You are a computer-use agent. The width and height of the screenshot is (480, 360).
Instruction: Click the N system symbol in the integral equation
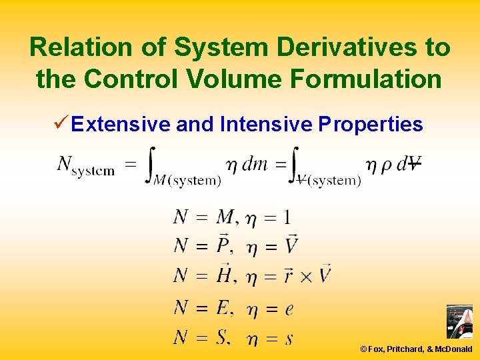85,165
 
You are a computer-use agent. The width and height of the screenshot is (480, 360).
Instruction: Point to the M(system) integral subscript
189,179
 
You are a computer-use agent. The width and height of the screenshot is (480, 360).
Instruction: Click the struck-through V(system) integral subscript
329,179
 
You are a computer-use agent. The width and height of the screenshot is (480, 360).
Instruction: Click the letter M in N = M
225,217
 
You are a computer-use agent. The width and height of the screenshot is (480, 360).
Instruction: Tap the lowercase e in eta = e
289,309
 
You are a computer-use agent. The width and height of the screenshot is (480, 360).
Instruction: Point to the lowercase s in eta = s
289,339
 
